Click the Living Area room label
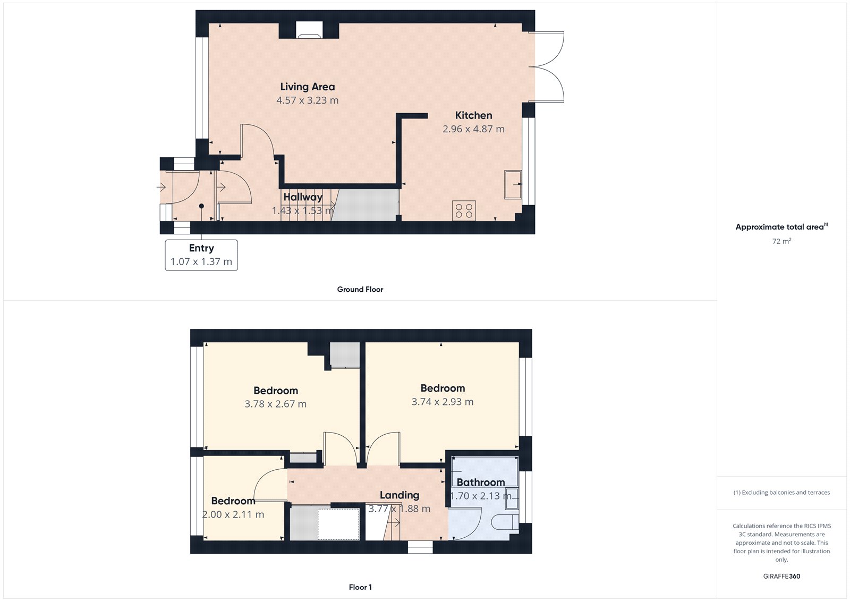point(308,87)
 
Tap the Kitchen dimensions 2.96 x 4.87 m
point(473,129)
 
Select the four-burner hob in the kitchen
point(464,210)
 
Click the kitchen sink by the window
point(513,184)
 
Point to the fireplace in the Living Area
point(309,31)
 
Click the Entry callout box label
point(201,248)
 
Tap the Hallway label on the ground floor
point(303,197)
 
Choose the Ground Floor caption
point(360,289)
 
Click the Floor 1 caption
point(360,587)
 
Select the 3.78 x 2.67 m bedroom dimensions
point(275,404)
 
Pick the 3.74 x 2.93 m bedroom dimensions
point(442,402)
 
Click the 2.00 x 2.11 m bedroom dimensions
point(233,514)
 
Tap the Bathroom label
point(481,483)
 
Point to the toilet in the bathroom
point(505,522)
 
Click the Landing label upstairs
point(399,495)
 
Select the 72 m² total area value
point(781,241)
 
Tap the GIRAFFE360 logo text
point(781,576)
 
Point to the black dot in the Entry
point(201,206)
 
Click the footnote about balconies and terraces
point(781,493)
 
